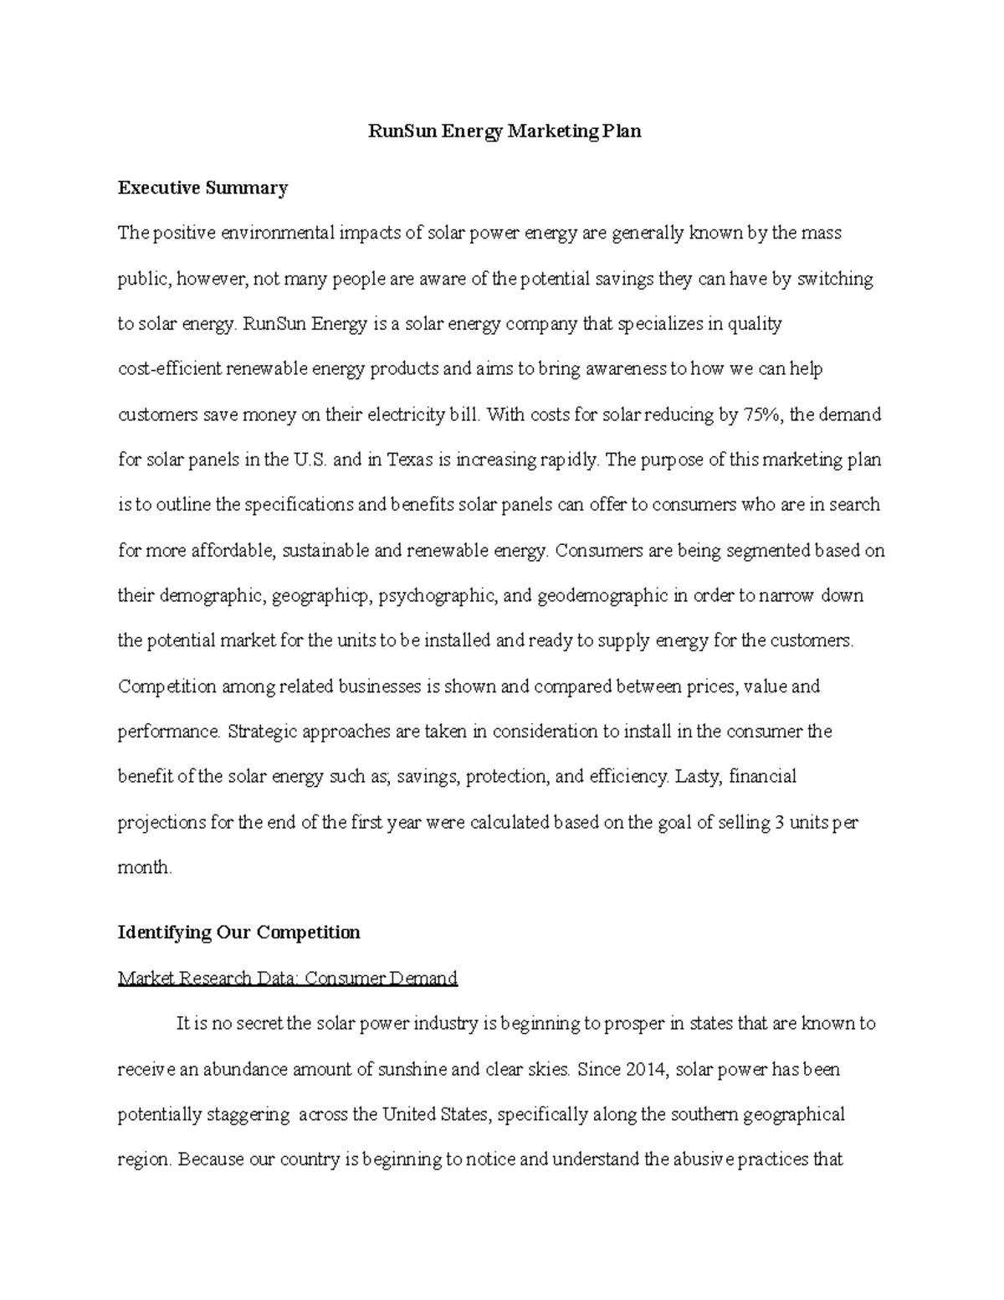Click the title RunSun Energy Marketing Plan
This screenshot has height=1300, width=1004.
(505, 131)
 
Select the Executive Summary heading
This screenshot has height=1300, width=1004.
(202, 188)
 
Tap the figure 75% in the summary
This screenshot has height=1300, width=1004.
(761, 414)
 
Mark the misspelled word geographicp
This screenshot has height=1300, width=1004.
(322, 596)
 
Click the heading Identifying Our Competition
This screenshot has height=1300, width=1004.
(238, 933)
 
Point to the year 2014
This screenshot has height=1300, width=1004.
(648, 1069)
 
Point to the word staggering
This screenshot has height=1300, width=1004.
(248, 1114)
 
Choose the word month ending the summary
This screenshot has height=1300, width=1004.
(143, 867)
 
